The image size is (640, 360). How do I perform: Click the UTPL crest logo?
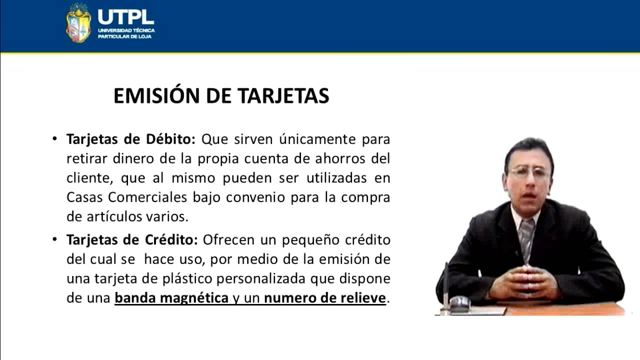point(78,22)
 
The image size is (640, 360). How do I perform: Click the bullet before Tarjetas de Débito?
point(54,138)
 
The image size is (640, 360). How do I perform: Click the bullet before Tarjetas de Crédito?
point(54,239)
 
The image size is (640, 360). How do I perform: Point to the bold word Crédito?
point(173,239)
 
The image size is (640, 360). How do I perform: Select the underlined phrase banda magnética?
point(171,298)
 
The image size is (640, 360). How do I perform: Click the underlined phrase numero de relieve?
point(325,298)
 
